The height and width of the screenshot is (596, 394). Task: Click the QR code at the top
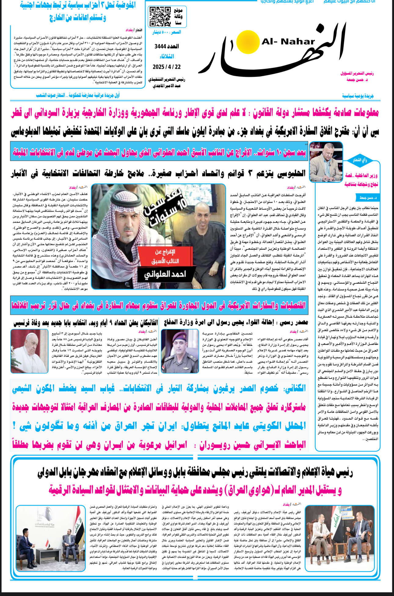click(x=159, y=17)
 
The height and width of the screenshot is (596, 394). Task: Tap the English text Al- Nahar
click(x=288, y=42)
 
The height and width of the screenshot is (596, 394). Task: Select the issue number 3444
click(x=166, y=47)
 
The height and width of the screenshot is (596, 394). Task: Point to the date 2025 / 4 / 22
click(x=167, y=67)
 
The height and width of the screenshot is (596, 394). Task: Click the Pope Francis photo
click(x=30, y=351)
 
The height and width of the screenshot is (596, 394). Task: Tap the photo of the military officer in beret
click(x=180, y=351)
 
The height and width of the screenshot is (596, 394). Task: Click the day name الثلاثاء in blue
click(x=167, y=57)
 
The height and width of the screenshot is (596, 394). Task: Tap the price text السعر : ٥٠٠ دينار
click(x=167, y=32)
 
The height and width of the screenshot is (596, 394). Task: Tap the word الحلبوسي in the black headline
click(x=292, y=173)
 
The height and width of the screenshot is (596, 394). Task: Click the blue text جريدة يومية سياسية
click(x=358, y=96)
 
